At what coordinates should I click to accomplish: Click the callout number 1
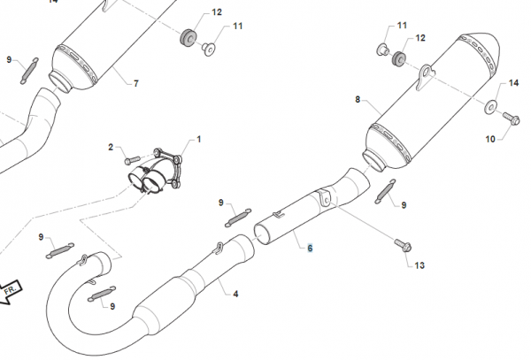[199, 139]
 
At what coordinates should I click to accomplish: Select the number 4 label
[235, 292]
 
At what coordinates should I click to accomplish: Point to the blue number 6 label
[310, 249]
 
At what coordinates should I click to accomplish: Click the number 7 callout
[135, 83]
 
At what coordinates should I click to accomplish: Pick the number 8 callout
[358, 101]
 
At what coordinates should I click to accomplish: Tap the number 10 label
[489, 139]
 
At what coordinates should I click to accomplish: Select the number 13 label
[419, 264]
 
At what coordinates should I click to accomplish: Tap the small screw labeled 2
[132, 160]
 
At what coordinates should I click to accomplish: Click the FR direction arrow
[12, 289]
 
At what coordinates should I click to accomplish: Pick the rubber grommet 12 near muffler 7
[187, 41]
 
